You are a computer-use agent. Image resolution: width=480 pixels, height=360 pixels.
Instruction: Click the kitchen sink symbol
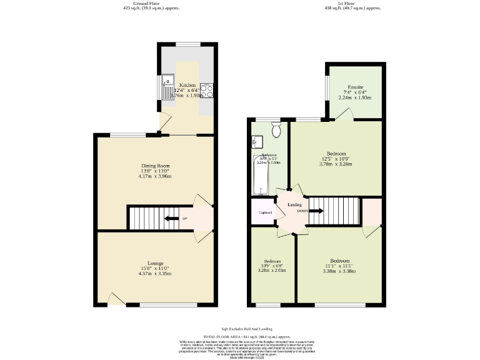point(167,88)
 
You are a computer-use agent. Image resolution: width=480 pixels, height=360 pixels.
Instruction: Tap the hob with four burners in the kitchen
point(207,91)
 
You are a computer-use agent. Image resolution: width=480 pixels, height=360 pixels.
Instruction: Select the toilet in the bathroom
point(277,129)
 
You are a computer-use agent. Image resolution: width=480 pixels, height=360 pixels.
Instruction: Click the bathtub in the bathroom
point(259,176)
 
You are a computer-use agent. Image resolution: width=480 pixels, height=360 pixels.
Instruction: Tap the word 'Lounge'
point(155,263)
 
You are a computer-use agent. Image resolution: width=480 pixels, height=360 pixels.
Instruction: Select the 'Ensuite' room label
point(355,87)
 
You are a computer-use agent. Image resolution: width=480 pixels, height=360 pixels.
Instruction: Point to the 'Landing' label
point(294,204)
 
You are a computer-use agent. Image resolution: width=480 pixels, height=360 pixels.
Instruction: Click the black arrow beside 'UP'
point(169,218)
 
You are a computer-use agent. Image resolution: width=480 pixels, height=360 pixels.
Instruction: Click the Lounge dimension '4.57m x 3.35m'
point(155,274)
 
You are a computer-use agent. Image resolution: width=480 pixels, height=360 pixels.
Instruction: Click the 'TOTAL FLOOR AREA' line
point(237,336)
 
